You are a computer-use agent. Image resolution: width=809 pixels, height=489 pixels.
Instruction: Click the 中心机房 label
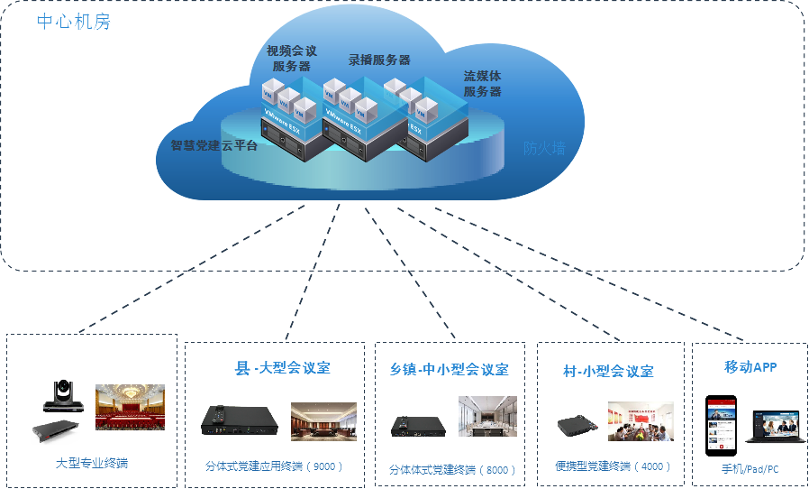tap(74, 23)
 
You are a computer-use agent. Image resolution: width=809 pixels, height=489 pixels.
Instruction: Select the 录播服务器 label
tap(379, 60)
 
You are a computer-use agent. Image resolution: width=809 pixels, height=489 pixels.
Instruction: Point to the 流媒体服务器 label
tap(483, 84)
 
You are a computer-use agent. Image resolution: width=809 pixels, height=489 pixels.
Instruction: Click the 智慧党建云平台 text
tap(214, 145)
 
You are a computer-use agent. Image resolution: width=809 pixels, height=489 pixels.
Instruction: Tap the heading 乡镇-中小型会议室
tap(450, 369)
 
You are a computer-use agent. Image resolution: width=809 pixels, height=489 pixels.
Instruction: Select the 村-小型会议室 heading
tap(608, 371)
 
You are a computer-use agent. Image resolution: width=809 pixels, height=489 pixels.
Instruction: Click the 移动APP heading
tap(750, 367)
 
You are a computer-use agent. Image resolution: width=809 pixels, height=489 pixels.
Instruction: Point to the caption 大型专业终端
tap(92, 463)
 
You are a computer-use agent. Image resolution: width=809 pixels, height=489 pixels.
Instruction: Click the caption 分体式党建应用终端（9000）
tap(274, 466)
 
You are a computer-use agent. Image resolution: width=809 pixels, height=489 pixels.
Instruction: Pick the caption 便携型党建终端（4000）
tap(613, 466)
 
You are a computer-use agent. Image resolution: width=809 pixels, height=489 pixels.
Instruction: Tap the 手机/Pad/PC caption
tap(750, 470)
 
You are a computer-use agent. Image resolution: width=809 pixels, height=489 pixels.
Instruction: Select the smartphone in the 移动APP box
tap(721, 425)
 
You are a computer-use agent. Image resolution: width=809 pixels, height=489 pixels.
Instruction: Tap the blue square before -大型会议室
tap(241, 368)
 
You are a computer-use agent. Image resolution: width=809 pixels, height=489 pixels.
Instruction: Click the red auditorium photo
tap(130, 407)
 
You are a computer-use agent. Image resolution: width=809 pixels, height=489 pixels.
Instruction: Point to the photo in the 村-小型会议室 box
tap(640, 421)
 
